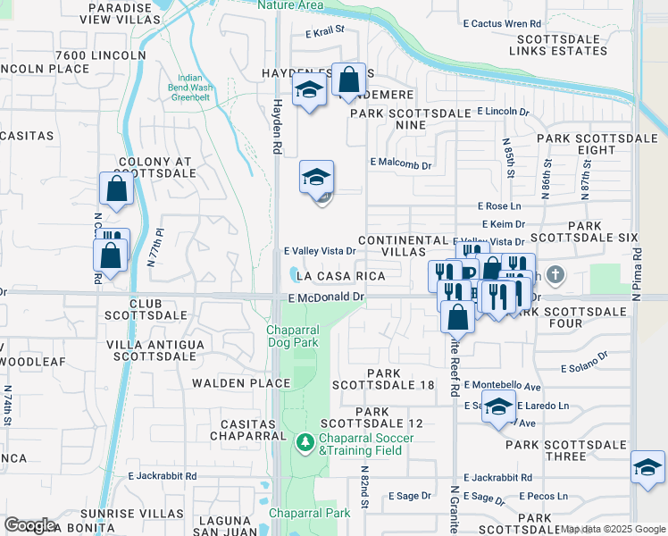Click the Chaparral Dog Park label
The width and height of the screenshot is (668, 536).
pos(293,336)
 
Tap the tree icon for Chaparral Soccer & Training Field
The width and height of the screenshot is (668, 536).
pos(305,442)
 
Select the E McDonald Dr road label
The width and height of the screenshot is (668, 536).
pos(327,297)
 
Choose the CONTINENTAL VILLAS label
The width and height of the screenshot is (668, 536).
pos(402,247)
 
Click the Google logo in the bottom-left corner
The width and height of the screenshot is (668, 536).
pos(30,525)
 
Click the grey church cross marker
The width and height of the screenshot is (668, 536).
pos(555,275)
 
